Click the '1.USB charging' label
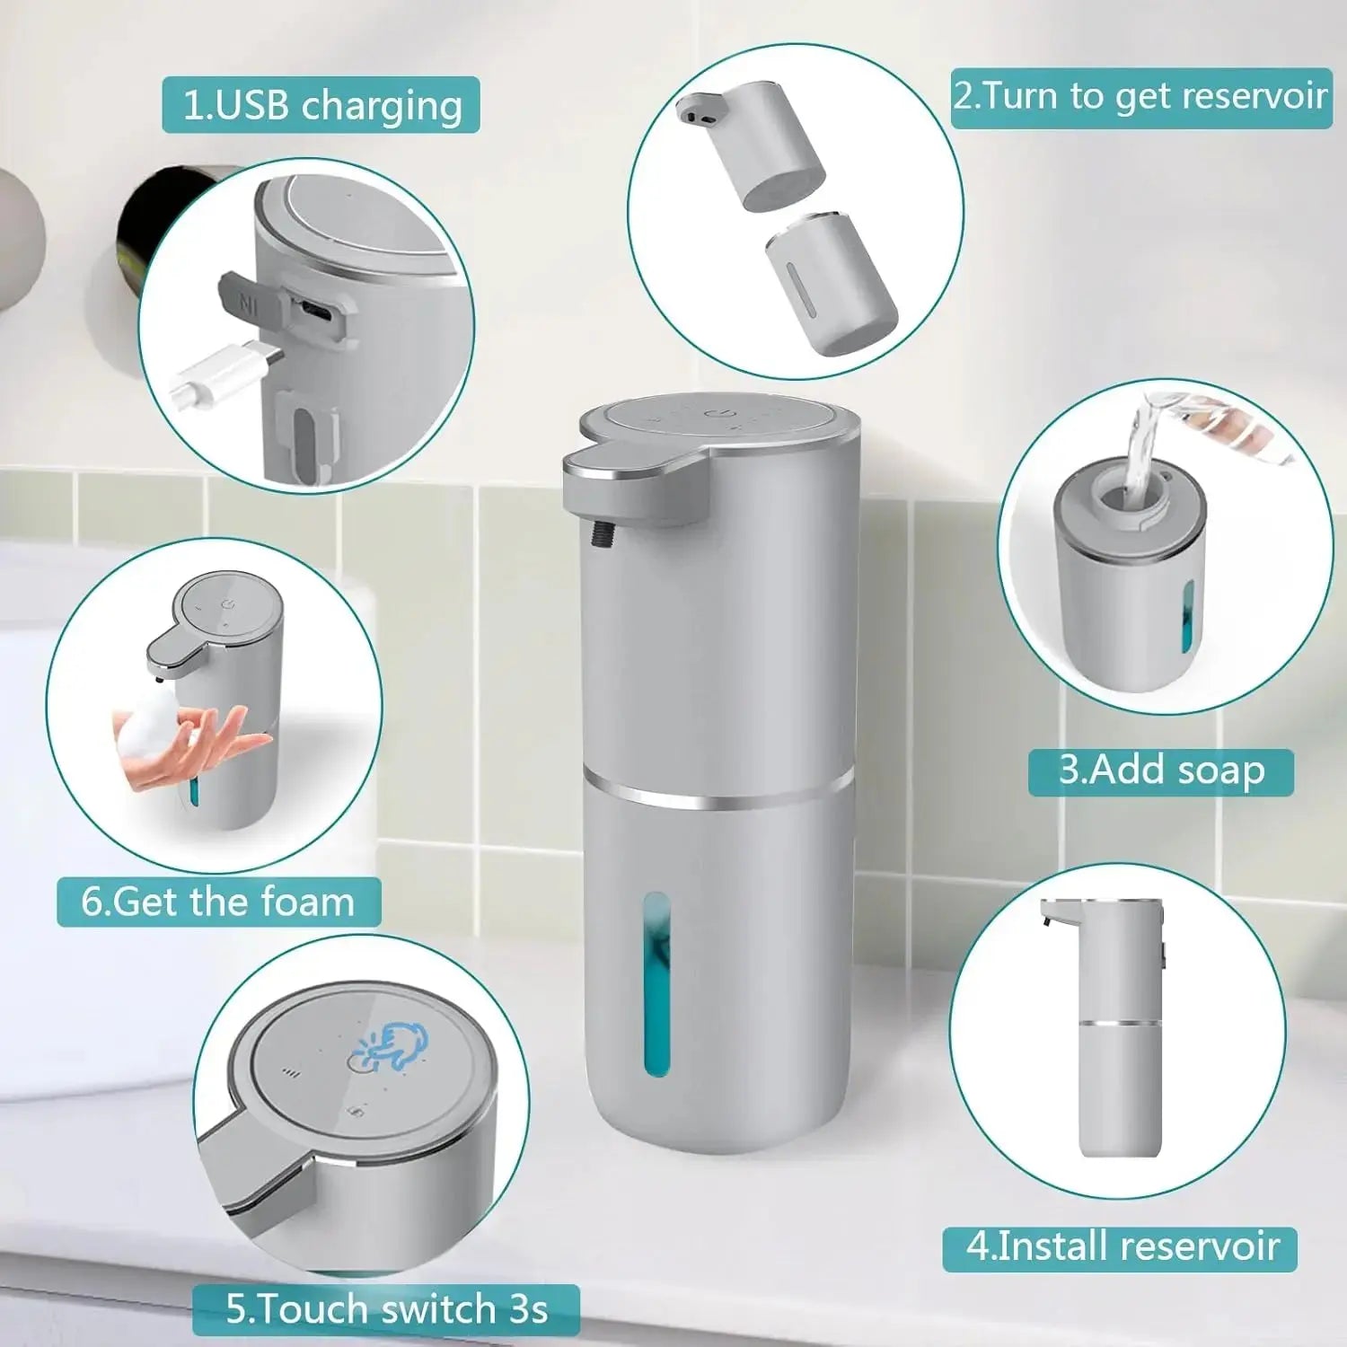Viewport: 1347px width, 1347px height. point(321,106)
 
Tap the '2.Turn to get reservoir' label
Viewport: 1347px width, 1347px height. point(1140,97)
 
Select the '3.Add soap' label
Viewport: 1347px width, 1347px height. point(1160,771)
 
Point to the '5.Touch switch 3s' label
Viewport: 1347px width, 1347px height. point(386,1309)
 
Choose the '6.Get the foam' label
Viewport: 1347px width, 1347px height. point(218,902)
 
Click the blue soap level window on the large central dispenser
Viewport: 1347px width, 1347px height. point(657,983)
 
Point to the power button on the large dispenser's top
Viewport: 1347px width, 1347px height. point(716,414)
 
